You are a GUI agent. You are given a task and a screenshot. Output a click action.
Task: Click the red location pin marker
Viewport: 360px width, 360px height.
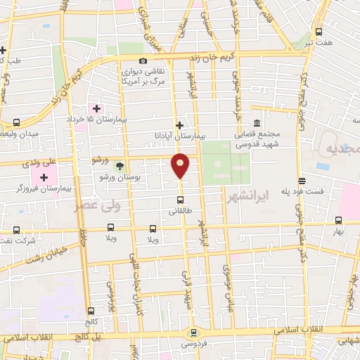point(181,166)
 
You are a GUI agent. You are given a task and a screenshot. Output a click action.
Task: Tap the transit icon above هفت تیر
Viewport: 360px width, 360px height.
point(319,32)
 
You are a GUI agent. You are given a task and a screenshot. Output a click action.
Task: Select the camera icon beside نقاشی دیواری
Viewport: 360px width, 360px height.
point(143,61)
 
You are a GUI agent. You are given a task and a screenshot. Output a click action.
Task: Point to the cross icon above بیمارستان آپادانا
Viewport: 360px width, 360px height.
point(181,123)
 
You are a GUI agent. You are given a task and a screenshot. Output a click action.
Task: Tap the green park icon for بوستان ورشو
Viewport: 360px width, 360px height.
point(119,166)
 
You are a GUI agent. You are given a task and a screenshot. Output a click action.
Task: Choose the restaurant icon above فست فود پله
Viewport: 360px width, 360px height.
point(302,180)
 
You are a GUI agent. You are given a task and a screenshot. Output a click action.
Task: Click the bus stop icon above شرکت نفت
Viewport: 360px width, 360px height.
point(15,230)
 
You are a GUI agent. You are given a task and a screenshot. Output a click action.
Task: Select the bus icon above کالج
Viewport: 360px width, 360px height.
point(91,311)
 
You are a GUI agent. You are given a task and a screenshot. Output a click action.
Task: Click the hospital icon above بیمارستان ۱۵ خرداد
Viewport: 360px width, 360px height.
point(96,108)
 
